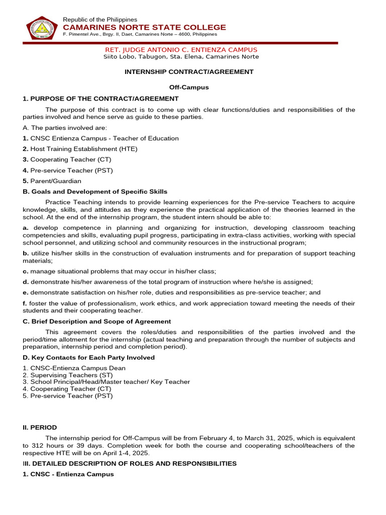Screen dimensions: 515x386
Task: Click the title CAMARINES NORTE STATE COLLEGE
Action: tap(144, 27)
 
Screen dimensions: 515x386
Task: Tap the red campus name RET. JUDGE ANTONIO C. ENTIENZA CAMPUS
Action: tap(181, 50)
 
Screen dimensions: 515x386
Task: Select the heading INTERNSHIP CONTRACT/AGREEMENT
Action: tap(189, 72)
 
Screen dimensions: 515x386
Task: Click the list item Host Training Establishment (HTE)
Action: tap(83, 149)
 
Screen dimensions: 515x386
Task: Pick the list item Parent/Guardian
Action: tap(55, 181)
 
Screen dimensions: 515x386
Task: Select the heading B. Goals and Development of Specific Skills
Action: tap(95, 192)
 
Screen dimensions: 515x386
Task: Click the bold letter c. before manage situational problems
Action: tap(26, 271)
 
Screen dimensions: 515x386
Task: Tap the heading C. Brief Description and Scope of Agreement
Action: tap(97, 321)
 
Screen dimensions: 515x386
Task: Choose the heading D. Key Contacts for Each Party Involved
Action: tap(89, 358)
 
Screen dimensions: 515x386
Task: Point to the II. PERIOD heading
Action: tap(40, 427)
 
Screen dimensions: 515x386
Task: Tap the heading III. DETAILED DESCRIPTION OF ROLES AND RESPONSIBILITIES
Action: tap(130, 464)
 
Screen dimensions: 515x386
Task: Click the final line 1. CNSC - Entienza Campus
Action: tap(68, 474)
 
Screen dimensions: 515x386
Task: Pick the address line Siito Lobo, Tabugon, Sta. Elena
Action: tap(181, 57)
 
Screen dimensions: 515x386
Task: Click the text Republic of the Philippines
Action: tap(100, 19)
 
